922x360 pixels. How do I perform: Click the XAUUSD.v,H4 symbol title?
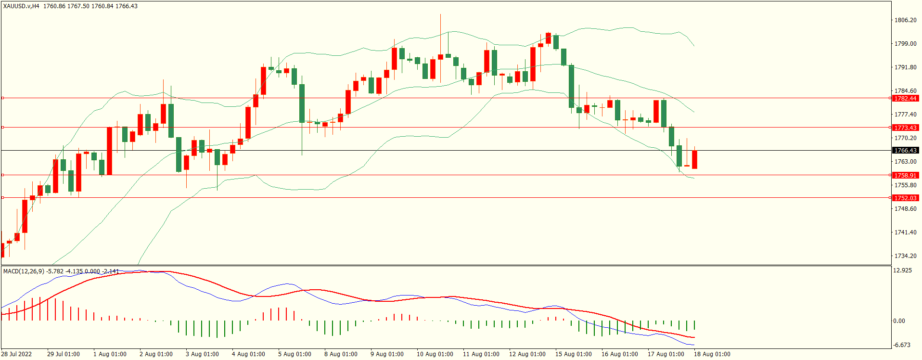coord(22,6)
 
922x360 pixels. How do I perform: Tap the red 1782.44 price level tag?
coord(905,98)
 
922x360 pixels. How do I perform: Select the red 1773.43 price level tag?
coord(905,128)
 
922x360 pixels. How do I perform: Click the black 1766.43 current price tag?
coord(905,151)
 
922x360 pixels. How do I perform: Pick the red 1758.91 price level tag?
coord(905,175)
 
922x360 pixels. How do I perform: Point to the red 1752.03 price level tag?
coord(905,198)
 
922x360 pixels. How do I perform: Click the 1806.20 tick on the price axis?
coord(905,20)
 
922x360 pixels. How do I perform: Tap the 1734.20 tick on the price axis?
coord(905,256)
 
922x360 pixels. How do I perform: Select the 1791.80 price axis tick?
coord(905,67)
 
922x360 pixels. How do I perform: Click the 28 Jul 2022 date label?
coord(16,354)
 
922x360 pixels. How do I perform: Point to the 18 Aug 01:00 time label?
coord(712,354)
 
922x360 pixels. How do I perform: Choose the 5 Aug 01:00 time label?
coord(295,354)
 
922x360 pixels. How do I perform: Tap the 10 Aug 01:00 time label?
coord(435,354)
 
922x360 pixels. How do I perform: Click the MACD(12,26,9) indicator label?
coord(24,271)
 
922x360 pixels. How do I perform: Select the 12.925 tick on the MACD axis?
coord(902,270)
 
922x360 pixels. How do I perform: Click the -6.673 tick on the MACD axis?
coord(902,345)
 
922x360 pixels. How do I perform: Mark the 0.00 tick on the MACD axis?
coord(899,321)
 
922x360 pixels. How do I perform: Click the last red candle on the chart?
coord(694,159)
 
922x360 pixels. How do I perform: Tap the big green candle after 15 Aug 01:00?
coord(571,86)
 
